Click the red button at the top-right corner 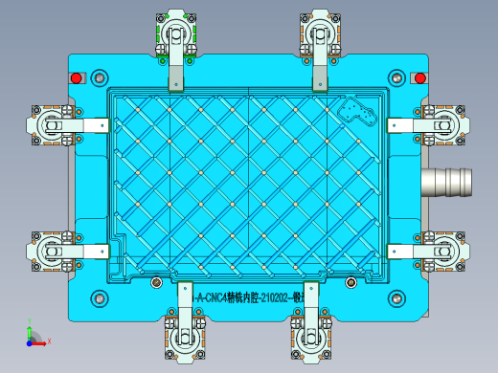click(x=419, y=77)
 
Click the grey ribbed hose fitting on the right click(x=447, y=180)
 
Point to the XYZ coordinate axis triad click(x=33, y=336)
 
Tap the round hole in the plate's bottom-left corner click(x=100, y=296)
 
